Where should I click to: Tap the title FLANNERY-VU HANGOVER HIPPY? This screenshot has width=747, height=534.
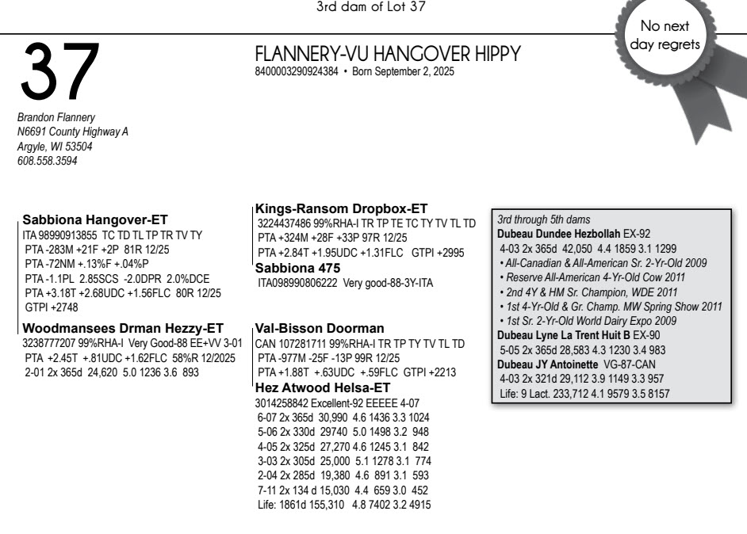click(x=387, y=54)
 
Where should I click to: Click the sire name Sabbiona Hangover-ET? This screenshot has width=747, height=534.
click(x=95, y=219)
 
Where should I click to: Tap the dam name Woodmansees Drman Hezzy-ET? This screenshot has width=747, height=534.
click(x=123, y=328)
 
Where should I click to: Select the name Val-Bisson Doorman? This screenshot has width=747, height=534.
click(x=320, y=328)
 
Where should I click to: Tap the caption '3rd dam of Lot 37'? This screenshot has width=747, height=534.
click(x=373, y=8)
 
